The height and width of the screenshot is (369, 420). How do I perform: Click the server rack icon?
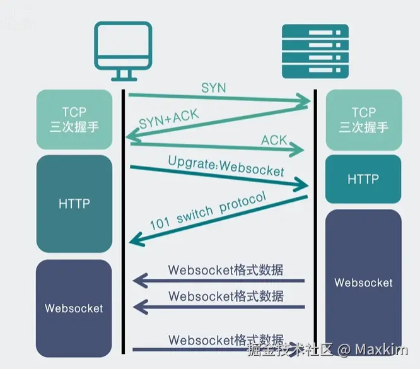click(x=315, y=51)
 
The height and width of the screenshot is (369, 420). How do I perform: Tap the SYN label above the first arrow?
click(x=213, y=88)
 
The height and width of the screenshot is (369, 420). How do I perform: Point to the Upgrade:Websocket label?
click(x=226, y=167)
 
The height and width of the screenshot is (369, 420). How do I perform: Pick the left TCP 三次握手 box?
click(x=74, y=119)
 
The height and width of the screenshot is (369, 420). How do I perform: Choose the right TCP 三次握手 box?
click(x=363, y=119)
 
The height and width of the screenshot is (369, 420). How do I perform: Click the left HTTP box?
click(x=74, y=203)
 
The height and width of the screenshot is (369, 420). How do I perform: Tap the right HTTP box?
click(x=363, y=180)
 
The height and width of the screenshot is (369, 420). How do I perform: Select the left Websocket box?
click(x=74, y=308)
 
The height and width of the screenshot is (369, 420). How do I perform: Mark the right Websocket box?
click(x=363, y=282)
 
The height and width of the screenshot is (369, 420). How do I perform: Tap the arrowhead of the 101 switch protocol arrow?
click(x=134, y=240)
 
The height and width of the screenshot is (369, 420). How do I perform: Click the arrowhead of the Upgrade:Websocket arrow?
click(x=303, y=185)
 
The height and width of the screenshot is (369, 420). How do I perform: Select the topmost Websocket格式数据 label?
click(x=226, y=270)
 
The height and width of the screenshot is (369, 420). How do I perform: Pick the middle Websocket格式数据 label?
click(x=226, y=296)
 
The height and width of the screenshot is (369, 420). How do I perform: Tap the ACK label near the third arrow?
click(x=274, y=140)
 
